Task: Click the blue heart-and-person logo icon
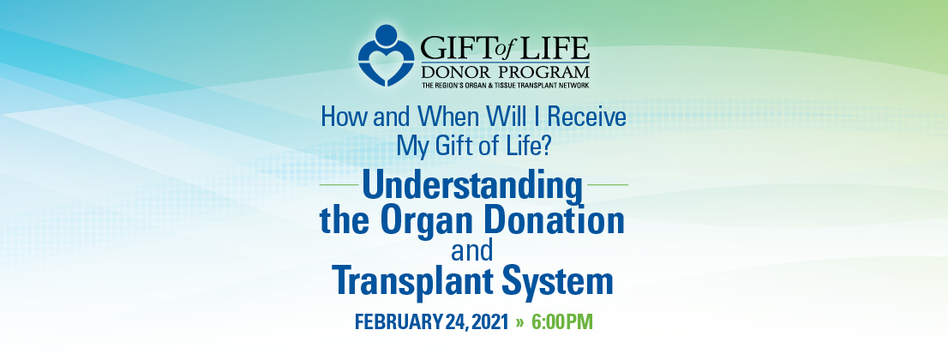click(386, 55)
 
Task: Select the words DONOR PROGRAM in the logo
click(505, 73)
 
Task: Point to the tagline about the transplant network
click(505, 86)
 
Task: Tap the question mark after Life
click(544, 146)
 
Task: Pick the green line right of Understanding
click(609, 184)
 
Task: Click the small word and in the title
click(472, 251)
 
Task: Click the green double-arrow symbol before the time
click(519, 322)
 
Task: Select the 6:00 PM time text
click(562, 322)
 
